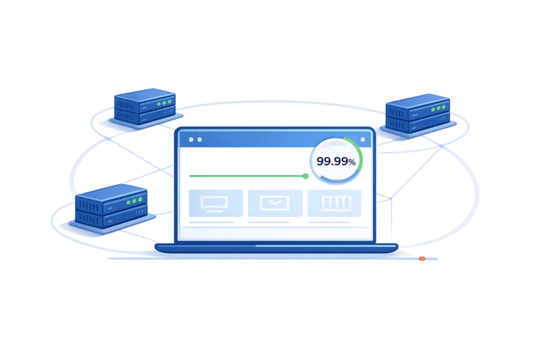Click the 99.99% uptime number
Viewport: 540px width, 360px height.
point(336,161)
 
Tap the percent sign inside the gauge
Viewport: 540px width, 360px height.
point(352,162)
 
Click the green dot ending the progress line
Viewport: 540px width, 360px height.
point(305,176)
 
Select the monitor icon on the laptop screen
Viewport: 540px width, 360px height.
point(214,204)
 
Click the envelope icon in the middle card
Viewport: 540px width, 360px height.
point(275,203)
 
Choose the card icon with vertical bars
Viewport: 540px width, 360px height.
point(336,203)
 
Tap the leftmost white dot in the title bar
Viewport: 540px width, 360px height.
point(191,139)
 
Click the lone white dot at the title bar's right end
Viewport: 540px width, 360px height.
point(363,139)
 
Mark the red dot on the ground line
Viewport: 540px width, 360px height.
point(422,258)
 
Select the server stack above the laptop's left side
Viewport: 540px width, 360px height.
point(145,106)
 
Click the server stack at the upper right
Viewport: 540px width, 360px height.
point(418,113)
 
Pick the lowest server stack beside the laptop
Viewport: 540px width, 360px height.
point(111,206)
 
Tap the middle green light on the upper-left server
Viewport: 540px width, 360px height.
point(164,103)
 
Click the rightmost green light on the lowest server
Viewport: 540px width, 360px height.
point(140,200)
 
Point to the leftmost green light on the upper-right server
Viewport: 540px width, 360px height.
point(433,110)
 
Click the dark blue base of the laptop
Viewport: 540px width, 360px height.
point(276,248)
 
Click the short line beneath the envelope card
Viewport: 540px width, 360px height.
point(269,222)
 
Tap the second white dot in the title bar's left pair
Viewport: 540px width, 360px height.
point(200,139)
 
